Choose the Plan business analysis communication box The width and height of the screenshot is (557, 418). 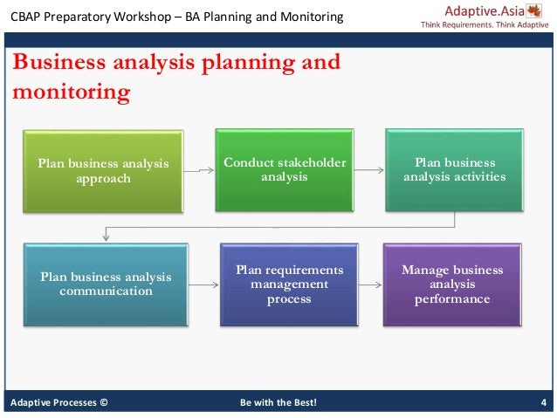coord(105,284)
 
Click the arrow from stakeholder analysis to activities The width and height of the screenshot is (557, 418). coord(369,169)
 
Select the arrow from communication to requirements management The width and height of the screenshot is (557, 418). coord(205,284)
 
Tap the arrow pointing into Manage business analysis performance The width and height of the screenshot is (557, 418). coord(373,284)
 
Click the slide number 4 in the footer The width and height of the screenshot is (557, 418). coord(543,402)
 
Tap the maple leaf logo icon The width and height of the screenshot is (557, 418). coord(533,12)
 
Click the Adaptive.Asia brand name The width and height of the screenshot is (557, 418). coord(482,11)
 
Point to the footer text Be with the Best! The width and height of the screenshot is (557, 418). coord(278,402)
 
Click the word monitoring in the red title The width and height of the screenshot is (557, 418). coord(70,90)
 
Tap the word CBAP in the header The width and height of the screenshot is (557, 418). coord(25,17)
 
